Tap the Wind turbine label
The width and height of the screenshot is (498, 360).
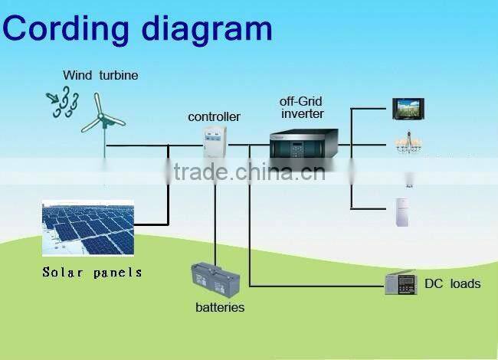(100, 75)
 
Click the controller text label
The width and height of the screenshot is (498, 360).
(214, 117)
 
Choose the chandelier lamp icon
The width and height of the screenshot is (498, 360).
(408, 142)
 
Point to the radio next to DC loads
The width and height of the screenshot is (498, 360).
(400, 283)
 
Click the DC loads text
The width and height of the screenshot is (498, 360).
(453, 283)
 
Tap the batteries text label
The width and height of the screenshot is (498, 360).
(219, 307)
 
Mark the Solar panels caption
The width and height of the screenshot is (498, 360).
(92, 272)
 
